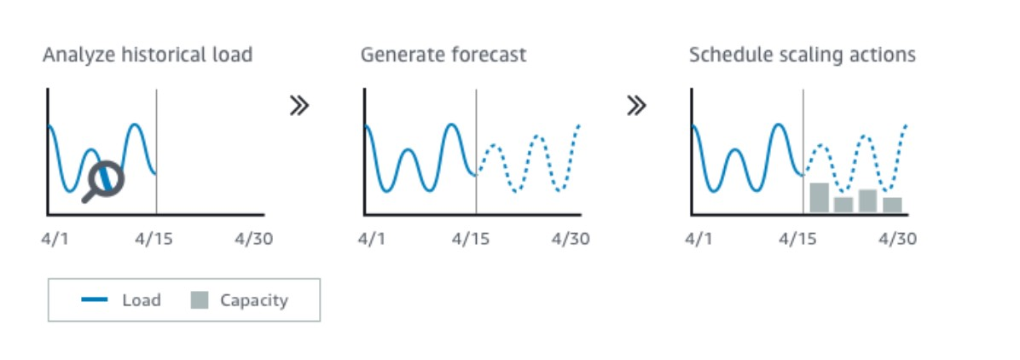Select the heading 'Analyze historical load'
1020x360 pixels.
pyautogui.click(x=147, y=55)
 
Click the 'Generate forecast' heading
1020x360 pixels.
pyautogui.click(x=443, y=55)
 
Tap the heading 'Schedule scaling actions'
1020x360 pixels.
pyautogui.click(x=802, y=55)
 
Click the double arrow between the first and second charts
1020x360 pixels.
pyautogui.click(x=299, y=106)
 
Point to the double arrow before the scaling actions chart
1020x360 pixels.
pyautogui.click(x=636, y=106)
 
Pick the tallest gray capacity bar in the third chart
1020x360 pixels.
pyautogui.click(x=819, y=197)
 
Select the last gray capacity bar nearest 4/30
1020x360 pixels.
pyautogui.click(x=892, y=205)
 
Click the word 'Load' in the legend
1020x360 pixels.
pyautogui.click(x=142, y=300)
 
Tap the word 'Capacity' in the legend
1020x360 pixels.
pyautogui.click(x=253, y=300)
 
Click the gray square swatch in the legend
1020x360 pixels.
pyautogui.click(x=199, y=300)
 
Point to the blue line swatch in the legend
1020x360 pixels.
pyautogui.click(x=95, y=300)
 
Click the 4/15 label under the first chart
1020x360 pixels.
pyautogui.click(x=154, y=239)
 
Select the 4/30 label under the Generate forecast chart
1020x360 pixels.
pyautogui.click(x=571, y=239)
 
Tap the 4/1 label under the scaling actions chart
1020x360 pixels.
pyautogui.click(x=698, y=239)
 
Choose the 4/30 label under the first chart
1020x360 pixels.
pyautogui.click(x=253, y=239)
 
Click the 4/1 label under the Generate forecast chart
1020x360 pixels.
pyautogui.click(x=371, y=239)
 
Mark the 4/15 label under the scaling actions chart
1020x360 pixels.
pyautogui.click(x=798, y=239)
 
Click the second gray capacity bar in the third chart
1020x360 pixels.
pyautogui.click(x=843, y=205)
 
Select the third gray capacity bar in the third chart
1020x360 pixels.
pyautogui.click(x=868, y=201)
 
